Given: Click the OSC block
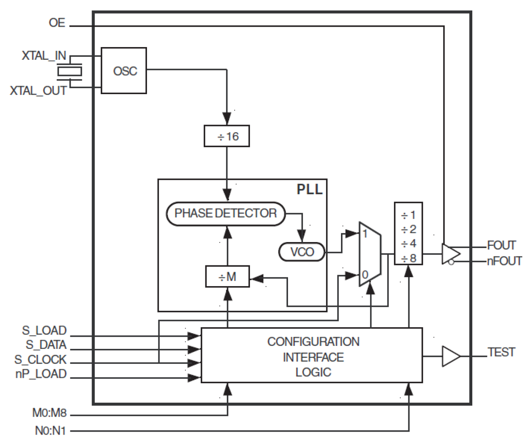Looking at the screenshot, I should [124, 71].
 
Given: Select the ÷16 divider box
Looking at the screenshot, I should [227, 137].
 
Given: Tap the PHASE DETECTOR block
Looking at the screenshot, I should [226, 213].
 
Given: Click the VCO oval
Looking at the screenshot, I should [302, 252].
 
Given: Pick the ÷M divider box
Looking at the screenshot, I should [227, 277].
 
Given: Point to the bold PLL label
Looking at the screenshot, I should [310, 189].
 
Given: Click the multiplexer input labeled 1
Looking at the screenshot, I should [365, 233].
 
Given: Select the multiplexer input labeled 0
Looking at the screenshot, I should [365, 275].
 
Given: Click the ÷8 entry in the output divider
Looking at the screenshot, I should [409, 258].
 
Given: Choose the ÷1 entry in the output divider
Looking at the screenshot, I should [409, 215].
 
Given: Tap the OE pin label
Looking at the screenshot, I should [57, 23].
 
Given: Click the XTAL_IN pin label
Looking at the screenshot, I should [44, 56].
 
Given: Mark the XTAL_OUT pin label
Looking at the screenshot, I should [39, 91].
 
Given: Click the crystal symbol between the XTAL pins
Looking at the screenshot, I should [69, 72].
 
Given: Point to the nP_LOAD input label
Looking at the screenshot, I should [41, 374].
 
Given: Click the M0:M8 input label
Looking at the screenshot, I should [50, 413].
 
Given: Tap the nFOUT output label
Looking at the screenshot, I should [504, 261].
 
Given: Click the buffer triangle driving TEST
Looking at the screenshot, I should [451, 356].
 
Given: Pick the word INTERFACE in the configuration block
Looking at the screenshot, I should [313, 357].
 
